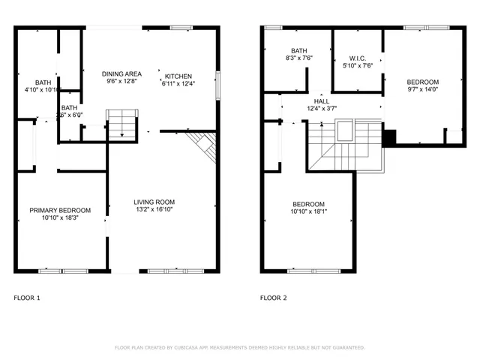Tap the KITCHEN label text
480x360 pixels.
(178, 76)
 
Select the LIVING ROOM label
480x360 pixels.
(154, 202)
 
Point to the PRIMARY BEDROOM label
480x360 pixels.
(60, 210)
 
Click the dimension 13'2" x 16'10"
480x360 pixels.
(154, 210)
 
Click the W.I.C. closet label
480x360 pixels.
(357, 58)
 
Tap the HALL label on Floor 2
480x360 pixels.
(321, 100)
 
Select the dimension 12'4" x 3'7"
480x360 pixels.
(321, 108)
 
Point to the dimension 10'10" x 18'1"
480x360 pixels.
(308, 211)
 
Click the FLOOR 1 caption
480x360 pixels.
(27, 298)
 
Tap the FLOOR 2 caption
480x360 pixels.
(274, 298)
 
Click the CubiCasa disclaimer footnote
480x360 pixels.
(239, 347)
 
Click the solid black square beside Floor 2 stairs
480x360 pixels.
(388, 137)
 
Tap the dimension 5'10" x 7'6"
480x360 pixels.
(357, 65)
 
